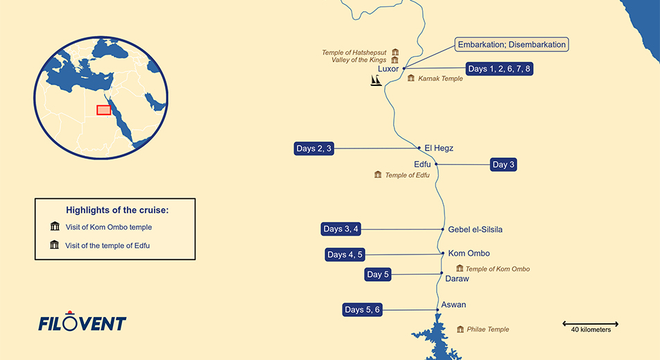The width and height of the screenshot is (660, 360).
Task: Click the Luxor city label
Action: click(x=388, y=69)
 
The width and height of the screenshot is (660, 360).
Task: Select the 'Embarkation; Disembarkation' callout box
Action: click(x=512, y=45)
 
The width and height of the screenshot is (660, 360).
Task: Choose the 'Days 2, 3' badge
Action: click(x=314, y=148)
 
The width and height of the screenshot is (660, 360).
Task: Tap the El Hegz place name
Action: click(x=439, y=148)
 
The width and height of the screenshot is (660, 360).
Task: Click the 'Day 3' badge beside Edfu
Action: click(x=503, y=164)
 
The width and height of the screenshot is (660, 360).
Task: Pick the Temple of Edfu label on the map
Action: click(x=407, y=175)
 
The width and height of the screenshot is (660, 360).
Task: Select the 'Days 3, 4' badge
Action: click(x=342, y=229)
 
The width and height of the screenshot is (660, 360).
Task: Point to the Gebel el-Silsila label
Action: click(x=475, y=230)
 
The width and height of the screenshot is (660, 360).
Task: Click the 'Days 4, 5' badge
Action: click(x=345, y=255)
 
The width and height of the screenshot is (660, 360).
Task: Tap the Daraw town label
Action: click(x=457, y=279)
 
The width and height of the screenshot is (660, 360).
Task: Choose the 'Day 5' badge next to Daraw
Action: click(x=379, y=275)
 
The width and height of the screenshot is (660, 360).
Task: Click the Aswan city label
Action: click(x=454, y=305)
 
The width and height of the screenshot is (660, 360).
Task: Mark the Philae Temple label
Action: click(x=488, y=329)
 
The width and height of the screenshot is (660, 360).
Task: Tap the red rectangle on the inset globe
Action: click(x=103, y=110)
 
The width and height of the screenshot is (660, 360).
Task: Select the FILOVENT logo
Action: click(x=82, y=323)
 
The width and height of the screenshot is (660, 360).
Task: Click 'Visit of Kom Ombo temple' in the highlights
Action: click(x=108, y=227)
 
